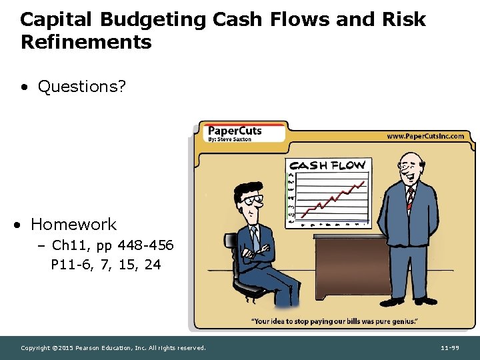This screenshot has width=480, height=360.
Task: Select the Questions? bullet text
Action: click(81, 87)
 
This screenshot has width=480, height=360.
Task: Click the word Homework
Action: click(73, 224)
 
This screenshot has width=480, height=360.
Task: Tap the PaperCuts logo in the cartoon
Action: click(235, 131)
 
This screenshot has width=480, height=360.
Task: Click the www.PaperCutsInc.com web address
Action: click(425, 136)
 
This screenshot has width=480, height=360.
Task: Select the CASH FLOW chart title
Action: click(327, 165)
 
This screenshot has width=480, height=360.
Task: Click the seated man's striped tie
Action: click(255, 237)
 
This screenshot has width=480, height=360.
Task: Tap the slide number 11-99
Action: click(451, 348)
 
